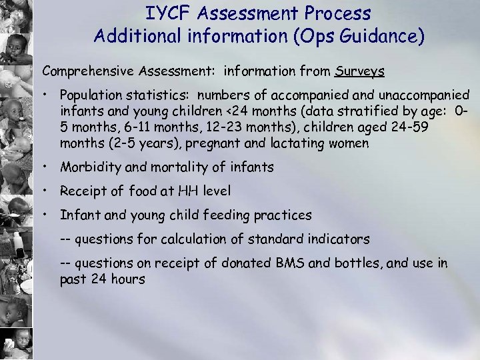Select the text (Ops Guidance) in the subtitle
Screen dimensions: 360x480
tap(355, 35)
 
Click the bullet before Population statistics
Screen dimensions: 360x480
tap(47, 96)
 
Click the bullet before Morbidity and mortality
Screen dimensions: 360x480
tap(47, 167)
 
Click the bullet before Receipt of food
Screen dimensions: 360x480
tap(47, 191)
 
